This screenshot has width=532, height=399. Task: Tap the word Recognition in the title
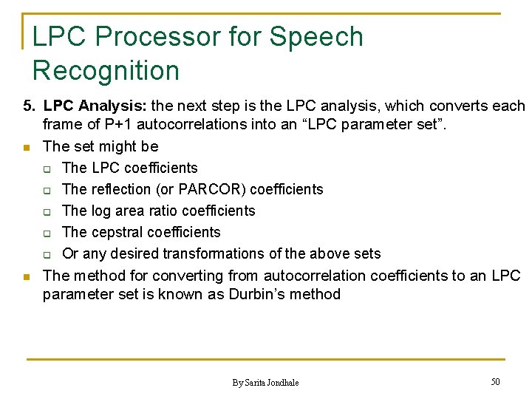click(x=106, y=71)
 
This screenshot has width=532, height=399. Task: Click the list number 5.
click(x=28, y=106)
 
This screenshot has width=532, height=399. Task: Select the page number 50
click(x=495, y=381)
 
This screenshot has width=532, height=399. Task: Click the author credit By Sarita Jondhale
click(x=265, y=382)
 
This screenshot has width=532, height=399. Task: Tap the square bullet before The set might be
click(x=27, y=148)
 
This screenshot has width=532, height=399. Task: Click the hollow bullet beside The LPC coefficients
click(x=46, y=168)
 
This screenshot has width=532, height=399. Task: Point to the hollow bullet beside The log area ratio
click(x=46, y=211)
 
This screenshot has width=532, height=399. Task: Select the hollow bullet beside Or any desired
click(x=46, y=255)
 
